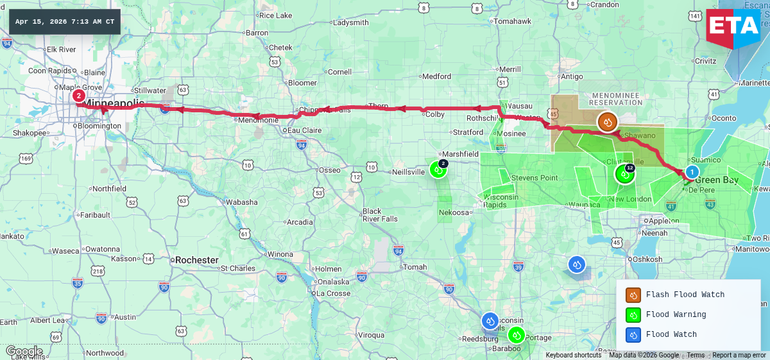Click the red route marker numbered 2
[78, 96]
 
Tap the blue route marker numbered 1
[692, 172]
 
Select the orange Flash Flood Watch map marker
[607, 121]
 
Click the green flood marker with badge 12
[624, 173]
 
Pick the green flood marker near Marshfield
[438, 169]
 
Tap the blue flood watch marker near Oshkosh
[577, 264]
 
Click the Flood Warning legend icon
[633, 314]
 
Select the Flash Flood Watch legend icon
[633, 295]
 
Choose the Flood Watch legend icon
[633, 334]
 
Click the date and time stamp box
[65, 22]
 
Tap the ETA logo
[733, 27]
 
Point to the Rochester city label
[196, 260]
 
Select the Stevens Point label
[534, 178]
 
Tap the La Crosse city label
[333, 293]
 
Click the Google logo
[24, 352]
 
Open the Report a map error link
[739, 356]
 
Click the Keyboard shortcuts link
[574, 356]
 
